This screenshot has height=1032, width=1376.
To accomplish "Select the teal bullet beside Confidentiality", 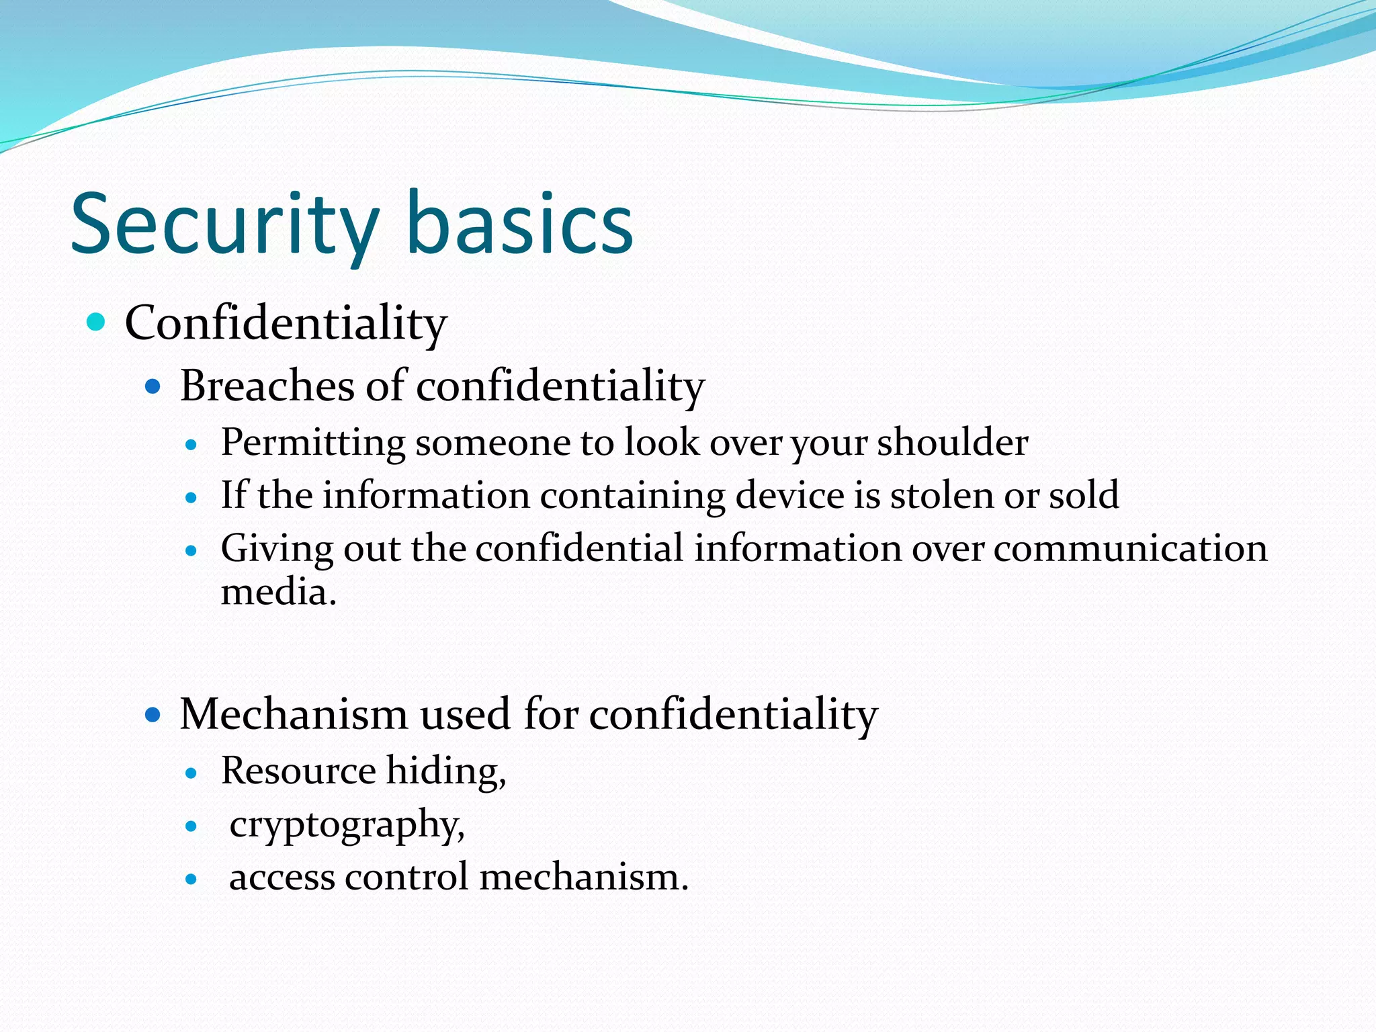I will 97,322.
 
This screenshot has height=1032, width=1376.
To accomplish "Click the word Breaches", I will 267,386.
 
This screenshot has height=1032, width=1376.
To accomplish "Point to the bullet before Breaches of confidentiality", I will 153,386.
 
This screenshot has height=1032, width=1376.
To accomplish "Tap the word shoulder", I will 952,442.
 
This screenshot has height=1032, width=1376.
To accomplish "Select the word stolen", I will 941,495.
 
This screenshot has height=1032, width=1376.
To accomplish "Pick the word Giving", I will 277,549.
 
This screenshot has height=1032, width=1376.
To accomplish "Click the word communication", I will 1130,548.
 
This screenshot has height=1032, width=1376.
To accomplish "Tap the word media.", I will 278,593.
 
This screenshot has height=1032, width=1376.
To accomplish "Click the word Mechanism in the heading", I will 294,714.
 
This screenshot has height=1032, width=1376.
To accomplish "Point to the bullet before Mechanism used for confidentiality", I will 153,714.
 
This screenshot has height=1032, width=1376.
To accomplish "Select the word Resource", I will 298,771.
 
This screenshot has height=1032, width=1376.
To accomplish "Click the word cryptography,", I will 347,825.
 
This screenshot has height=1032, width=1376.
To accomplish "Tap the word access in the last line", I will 282,877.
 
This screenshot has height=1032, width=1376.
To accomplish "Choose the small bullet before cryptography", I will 191,826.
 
